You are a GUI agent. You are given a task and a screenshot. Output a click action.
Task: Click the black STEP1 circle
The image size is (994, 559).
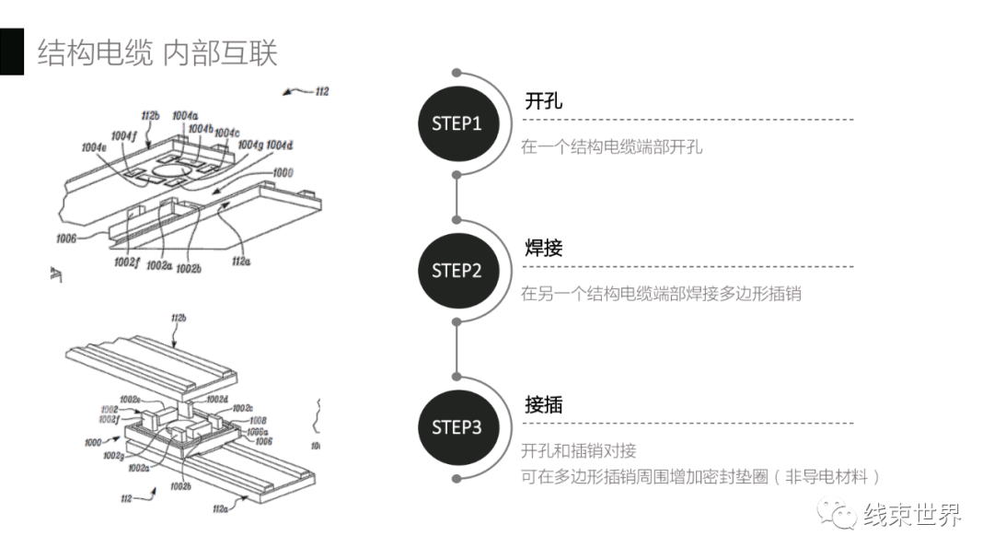click(457, 123)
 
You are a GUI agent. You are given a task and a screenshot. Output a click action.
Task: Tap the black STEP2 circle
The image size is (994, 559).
click(457, 271)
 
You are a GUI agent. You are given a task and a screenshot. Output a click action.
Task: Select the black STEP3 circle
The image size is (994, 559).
click(457, 427)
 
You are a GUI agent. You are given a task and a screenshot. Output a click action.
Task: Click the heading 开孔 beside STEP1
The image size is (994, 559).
click(543, 100)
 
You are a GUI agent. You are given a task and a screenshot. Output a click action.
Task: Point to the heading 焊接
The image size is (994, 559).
click(543, 248)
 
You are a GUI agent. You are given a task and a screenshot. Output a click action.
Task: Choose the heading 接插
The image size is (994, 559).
click(543, 404)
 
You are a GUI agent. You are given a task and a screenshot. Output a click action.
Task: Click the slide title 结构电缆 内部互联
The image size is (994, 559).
click(156, 52)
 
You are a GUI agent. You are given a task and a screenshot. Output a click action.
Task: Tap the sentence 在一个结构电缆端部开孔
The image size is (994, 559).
click(611, 146)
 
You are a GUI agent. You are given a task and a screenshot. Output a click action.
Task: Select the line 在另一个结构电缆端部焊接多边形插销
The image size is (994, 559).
click(661, 294)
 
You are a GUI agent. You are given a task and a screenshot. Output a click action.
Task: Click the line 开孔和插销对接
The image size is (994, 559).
click(578, 451)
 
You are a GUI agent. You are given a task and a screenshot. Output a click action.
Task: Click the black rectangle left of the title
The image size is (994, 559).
click(11, 52)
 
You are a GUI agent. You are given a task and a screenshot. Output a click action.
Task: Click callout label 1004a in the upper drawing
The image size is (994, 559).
click(184, 116)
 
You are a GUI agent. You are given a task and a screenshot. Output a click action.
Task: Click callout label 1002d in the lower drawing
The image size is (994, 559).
click(217, 399)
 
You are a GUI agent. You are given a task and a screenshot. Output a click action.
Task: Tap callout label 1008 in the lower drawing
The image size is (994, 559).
click(258, 420)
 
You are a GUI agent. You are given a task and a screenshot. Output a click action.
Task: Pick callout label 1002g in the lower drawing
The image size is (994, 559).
click(114, 456)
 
